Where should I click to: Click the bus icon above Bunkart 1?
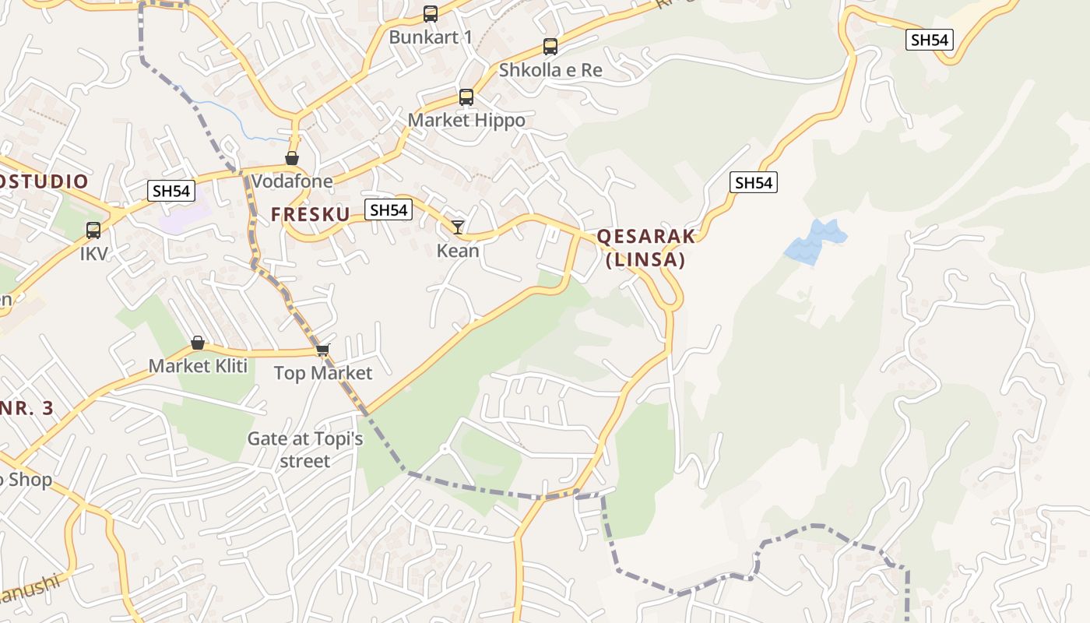[431, 14]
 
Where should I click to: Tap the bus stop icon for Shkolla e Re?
[550, 47]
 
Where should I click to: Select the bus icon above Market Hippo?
[466, 97]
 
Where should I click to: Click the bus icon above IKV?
[93, 231]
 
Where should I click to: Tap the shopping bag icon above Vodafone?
[292, 159]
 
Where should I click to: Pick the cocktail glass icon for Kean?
[458, 227]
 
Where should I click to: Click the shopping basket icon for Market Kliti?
[198, 343]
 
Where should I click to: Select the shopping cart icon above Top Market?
[323, 350]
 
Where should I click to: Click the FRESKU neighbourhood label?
[310, 214]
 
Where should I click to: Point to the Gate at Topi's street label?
[305, 450]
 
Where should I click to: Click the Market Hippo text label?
[466, 121]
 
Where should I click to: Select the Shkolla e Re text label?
[550, 70]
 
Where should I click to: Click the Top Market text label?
[323, 373]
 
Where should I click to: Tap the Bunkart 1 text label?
[431, 37]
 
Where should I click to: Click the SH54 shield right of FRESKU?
[389, 209]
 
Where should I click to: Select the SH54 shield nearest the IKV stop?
[171, 191]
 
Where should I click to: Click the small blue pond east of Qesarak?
[814, 241]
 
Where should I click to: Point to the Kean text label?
[458, 251]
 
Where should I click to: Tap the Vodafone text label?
[292, 181]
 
